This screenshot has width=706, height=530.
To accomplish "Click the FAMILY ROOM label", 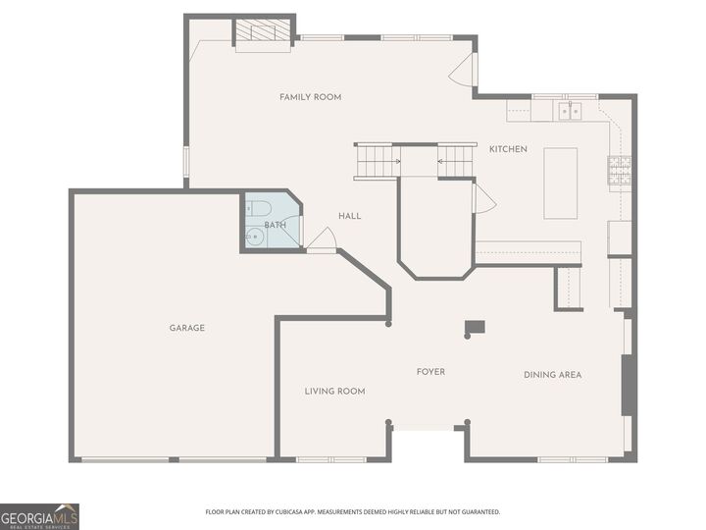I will pos(310,97).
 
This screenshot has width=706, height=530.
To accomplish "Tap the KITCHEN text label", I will pos(508,149).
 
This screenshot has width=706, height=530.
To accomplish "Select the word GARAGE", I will pos(186,328).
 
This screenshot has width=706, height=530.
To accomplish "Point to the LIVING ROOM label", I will pos(334,391).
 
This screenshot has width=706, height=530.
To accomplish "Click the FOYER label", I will pos(430,372).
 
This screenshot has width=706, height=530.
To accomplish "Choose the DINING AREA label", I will pos(552,375).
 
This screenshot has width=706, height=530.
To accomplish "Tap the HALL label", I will pos(350,216).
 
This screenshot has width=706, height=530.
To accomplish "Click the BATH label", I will pos(275,225).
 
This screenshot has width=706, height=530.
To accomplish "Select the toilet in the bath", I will pos(258,207).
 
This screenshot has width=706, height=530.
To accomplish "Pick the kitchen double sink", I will pos(571,111).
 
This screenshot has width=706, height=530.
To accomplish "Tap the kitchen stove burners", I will pos(619,172).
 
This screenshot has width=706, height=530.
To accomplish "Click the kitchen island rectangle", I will pos(561,184).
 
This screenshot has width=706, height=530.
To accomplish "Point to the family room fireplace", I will pos(263,32).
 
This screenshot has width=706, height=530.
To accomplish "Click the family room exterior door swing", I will pos(464,69).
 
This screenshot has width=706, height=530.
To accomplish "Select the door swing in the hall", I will pos(324,238).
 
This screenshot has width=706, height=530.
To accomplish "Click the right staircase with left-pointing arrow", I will pos(455,161).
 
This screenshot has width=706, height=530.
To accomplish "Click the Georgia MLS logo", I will pos(39,516).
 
